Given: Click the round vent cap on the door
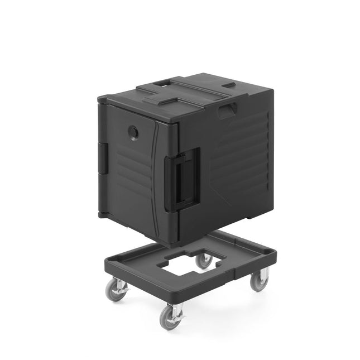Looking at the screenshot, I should click(135, 132).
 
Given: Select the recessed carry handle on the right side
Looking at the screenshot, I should click(227, 111).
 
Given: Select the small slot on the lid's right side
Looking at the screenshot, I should click(229, 86).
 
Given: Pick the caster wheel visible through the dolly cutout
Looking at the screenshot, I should click(204, 260).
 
